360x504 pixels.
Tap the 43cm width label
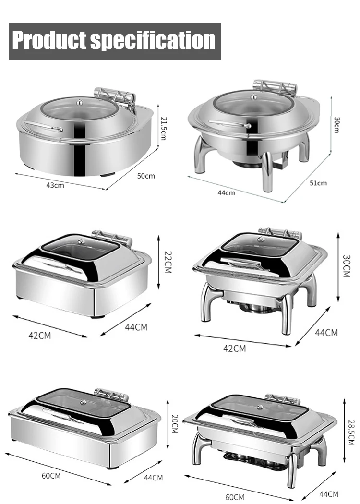pos(55,185)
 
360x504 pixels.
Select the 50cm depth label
pos(146,176)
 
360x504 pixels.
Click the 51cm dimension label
pos(318,183)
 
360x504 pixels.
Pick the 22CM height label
pos(168,262)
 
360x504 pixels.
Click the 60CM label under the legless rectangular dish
pos(51,476)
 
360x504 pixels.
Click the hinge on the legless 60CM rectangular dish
pos(111,395)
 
